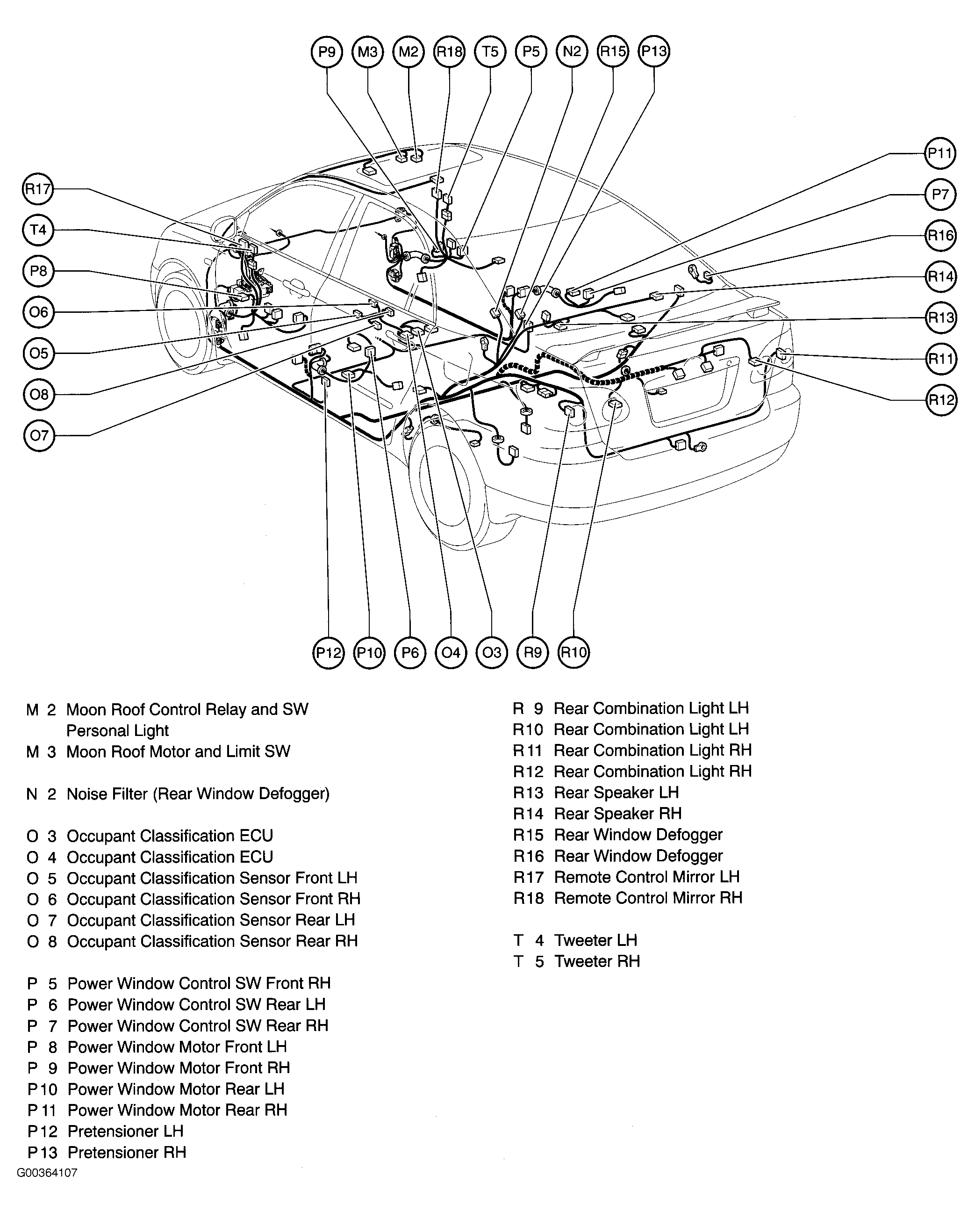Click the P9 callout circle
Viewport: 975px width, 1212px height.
click(327, 52)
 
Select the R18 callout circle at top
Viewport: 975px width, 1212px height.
click(449, 52)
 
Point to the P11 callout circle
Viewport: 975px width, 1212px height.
click(940, 153)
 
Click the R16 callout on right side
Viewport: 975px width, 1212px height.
click(940, 235)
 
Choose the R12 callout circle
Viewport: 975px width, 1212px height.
click(940, 400)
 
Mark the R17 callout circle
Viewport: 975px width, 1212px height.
click(38, 189)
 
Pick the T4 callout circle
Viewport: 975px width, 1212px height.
click(38, 230)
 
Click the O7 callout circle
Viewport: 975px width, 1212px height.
click(39, 436)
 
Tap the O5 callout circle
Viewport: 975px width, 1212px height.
click(39, 353)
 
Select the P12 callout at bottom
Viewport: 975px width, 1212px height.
click(328, 653)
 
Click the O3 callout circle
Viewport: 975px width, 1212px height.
click(492, 653)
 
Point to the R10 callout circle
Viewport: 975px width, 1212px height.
click(573, 653)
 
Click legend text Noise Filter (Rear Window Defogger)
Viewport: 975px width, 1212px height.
click(198, 794)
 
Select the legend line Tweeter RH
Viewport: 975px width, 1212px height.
click(597, 962)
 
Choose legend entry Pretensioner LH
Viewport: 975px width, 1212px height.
click(125, 1131)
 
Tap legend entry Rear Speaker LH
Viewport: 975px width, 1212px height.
click(616, 793)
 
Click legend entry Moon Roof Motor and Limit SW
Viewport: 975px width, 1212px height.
click(178, 751)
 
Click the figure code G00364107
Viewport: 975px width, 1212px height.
click(47, 1173)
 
